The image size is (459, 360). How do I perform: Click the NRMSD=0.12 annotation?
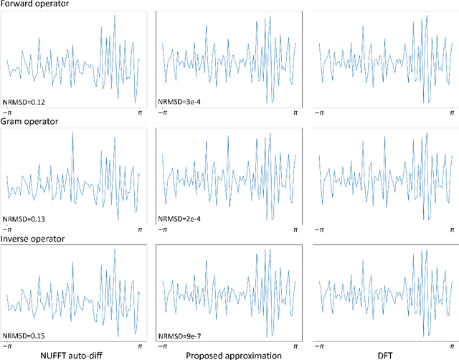click(x=23, y=103)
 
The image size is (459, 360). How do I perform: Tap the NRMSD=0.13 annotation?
click(x=23, y=219)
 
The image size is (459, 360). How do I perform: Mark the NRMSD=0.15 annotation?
click(x=23, y=335)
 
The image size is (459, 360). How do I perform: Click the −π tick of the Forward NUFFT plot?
click(x=8, y=113)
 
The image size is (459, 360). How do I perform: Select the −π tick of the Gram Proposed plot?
click(x=163, y=230)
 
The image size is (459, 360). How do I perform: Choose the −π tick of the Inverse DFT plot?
click(x=318, y=346)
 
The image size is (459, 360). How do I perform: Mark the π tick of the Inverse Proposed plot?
click(x=295, y=346)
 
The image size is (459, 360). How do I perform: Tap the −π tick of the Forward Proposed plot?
click(x=163, y=113)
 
